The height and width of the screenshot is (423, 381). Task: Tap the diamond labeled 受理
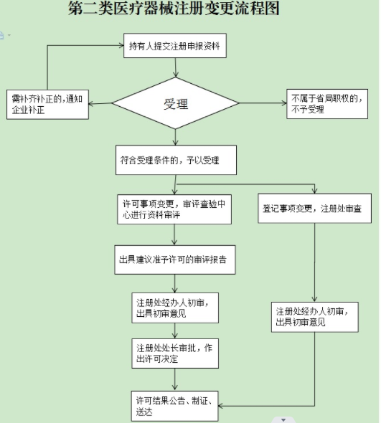[x=175, y=105]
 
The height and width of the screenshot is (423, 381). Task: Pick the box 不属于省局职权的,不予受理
[x=326, y=104]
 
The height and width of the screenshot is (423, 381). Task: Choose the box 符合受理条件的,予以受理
[x=177, y=160]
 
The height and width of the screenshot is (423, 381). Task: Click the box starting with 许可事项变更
[x=175, y=208]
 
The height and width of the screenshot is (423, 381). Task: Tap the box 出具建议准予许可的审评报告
[x=176, y=261]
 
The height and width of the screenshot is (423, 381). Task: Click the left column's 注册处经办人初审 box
[x=176, y=307]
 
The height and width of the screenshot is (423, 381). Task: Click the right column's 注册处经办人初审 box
[x=315, y=317]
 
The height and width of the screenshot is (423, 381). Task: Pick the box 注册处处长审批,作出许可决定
[x=176, y=353]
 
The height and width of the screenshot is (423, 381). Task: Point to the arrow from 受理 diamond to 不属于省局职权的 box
[x=262, y=104]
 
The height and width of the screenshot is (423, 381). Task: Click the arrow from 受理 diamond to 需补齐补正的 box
[x=100, y=105]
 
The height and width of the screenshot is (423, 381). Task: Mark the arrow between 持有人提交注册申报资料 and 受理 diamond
[x=177, y=68]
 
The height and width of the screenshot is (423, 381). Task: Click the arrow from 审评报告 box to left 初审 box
[x=175, y=282]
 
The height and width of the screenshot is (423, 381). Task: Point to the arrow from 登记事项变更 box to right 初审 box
[x=315, y=262]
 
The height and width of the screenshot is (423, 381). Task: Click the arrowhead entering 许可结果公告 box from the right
[x=223, y=406]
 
